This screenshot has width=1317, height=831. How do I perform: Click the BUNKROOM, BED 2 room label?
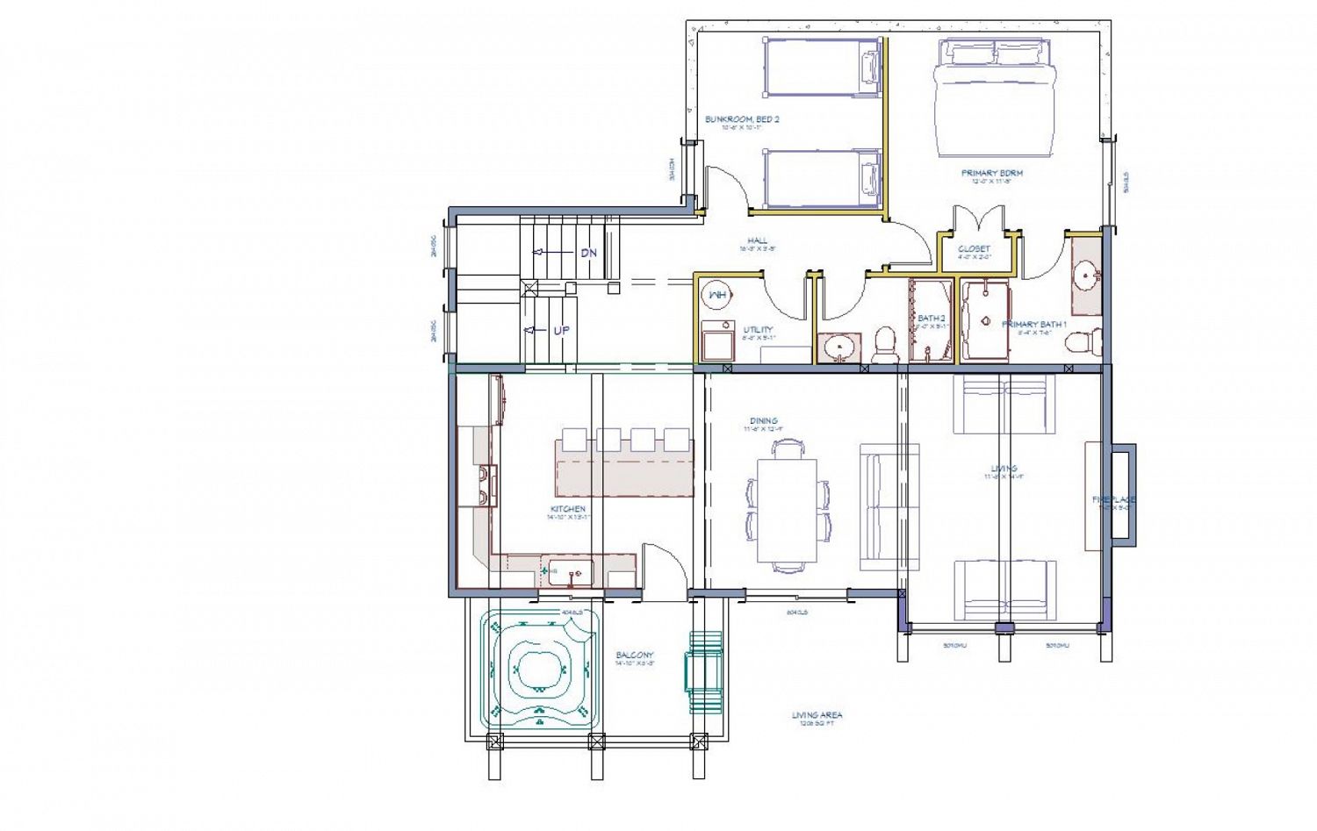pyautogui.click(x=742, y=119)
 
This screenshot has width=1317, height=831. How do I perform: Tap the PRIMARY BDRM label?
pyautogui.click(x=991, y=174)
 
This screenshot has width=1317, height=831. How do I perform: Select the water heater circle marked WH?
pyautogui.click(x=717, y=296)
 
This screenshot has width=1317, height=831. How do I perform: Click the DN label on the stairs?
pyautogui.click(x=588, y=253)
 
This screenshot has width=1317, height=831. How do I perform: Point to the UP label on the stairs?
pyautogui.click(x=561, y=331)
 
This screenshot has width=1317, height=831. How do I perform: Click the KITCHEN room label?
pyautogui.click(x=568, y=509)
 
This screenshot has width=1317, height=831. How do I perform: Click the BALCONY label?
pyautogui.click(x=634, y=655)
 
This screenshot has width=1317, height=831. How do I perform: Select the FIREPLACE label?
pyautogui.click(x=1113, y=499)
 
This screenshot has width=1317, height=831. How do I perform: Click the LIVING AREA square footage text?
pyautogui.click(x=817, y=716)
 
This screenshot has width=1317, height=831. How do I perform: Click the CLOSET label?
pyautogui.click(x=974, y=249)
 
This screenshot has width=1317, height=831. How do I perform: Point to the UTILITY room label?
pyautogui.click(x=758, y=330)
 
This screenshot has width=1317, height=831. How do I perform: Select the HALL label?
pyautogui.click(x=757, y=240)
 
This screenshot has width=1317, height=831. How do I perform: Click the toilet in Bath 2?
pyautogui.click(x=885, y=344)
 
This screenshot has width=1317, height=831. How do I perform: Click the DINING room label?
pyautogui.click(x=763, y=421)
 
